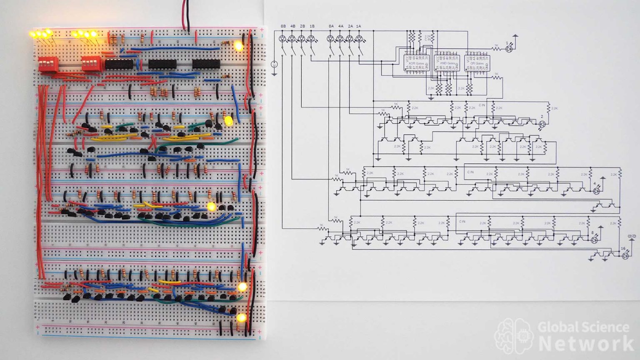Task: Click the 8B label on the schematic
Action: (x=283, y=26)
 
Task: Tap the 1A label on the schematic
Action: (x=358, y=26)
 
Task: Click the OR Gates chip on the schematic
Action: (x=477, y=63)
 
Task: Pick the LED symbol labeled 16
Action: (x=625, y=256)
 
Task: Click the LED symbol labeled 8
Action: (x=595, y=240)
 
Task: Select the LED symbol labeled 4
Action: (x=596, y=190)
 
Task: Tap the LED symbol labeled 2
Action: (x=542, y=124)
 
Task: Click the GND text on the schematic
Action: (x=632, y=237)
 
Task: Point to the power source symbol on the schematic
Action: (x=274, y=65)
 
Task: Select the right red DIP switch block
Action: (x=90, y=64)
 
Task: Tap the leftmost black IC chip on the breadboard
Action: (x=119, y=64)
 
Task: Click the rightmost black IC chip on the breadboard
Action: (x=206, y=64)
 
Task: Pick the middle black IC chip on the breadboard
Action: (x=162, y=64)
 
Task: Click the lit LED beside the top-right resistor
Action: (x=238, y=46)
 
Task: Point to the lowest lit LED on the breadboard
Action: (x=241, y=318)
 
